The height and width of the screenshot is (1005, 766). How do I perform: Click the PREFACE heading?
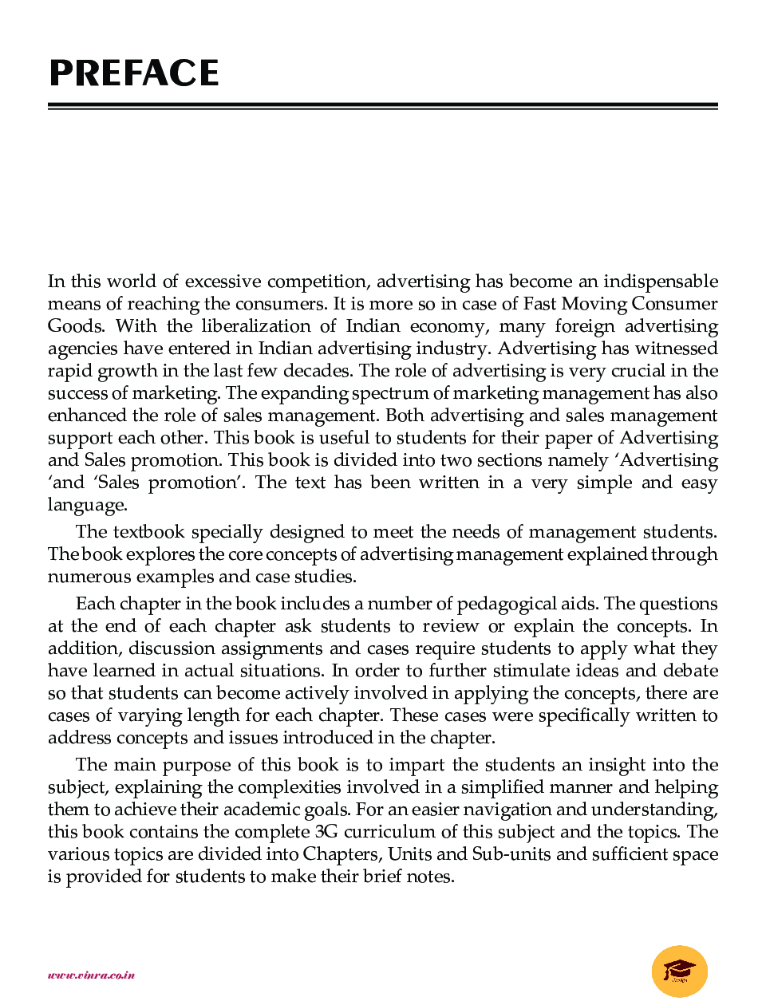tap(134, 73)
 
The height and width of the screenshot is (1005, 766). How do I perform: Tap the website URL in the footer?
tap(91, 975)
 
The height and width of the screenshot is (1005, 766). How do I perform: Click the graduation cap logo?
tap(680, 971)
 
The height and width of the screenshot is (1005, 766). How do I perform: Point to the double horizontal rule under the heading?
tap(383, 106)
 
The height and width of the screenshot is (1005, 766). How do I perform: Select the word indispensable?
tap(661, 282)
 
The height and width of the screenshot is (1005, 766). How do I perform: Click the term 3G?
tap(326, 832)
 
